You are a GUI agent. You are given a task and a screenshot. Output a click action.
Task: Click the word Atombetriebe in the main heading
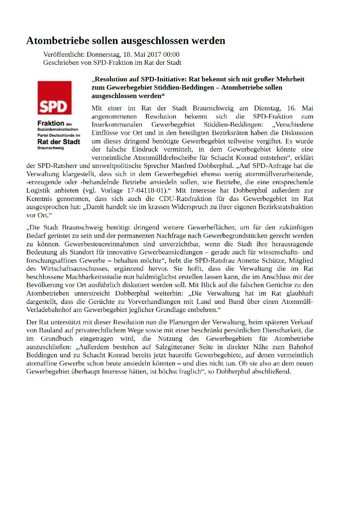58,41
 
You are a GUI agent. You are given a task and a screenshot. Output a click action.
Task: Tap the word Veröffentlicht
64,55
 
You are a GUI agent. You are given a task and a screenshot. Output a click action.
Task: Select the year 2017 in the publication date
154,55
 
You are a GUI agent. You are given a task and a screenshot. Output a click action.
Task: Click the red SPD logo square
54,97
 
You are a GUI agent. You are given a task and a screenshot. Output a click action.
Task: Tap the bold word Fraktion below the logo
51,123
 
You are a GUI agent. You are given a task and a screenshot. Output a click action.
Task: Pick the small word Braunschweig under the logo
50,148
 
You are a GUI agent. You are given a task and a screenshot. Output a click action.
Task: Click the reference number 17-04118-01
147,190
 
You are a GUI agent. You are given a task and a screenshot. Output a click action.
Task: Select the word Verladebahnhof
49,310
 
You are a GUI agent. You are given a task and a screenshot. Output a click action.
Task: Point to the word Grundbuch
57,339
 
